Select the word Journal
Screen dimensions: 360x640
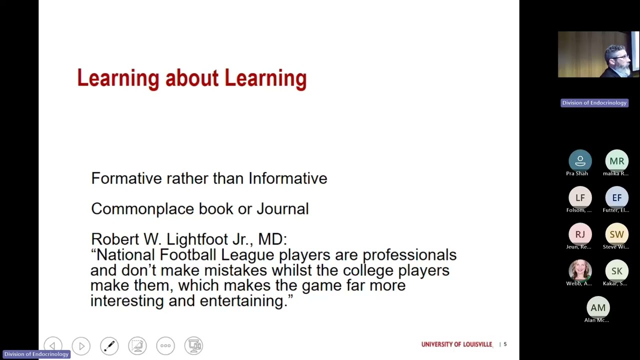pyautogui.click(x=282, y=209)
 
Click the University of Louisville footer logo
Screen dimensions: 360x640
pyautogui.click(x=456, y=344)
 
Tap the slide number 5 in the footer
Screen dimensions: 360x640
pyautogui.click(x=505, y=344)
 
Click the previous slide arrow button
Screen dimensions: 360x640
pyautogui.click(x=53, y=345)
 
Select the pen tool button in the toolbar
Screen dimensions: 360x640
pyautogui.click(x=109, y=345)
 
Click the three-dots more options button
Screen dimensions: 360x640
pyautogui.click(x=165, y=345)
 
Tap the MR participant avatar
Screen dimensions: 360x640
pyautogui.click(x=616, y=161)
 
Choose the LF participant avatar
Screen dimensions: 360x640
pyautogui.click(x=580, y=197)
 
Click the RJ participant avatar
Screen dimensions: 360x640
pyautogui.click(x=580, y=234)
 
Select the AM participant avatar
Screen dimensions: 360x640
pyautogui.click(x=598, y=307)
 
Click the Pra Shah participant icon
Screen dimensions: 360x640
pyautogui.click(x=580, y=161)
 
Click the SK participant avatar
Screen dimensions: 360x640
pyautogui.click(x=616, y=271)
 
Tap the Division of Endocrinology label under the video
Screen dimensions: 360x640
pyautogui.click(x=594, y=103)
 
